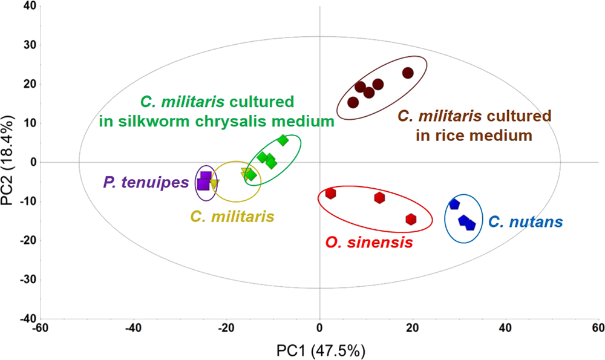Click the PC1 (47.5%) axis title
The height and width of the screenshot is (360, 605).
(319, 350)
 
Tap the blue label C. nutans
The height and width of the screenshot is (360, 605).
(526, 222)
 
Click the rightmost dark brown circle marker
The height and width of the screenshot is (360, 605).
(408, 73)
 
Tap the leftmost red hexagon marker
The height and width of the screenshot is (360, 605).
(330, 194)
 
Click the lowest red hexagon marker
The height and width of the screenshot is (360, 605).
(411, 219)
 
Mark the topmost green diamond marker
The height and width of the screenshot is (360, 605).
(283, 140)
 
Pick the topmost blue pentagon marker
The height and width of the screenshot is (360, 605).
(454, 205)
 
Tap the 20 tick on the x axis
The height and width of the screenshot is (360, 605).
(412, 329)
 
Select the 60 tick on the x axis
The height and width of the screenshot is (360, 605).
(597, 329)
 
